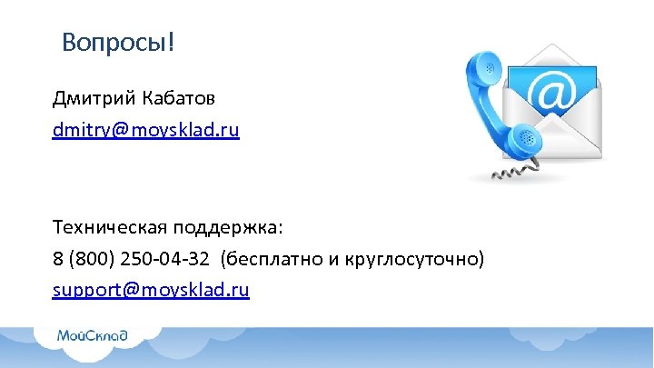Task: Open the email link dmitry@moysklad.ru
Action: click(x=145, y=130)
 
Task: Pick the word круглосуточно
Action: click(x=414, y=260)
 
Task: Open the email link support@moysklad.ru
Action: click(x=151, y=291)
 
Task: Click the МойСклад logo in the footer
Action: click(x=92, y=336)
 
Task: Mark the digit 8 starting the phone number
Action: click(x=58, y=260)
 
